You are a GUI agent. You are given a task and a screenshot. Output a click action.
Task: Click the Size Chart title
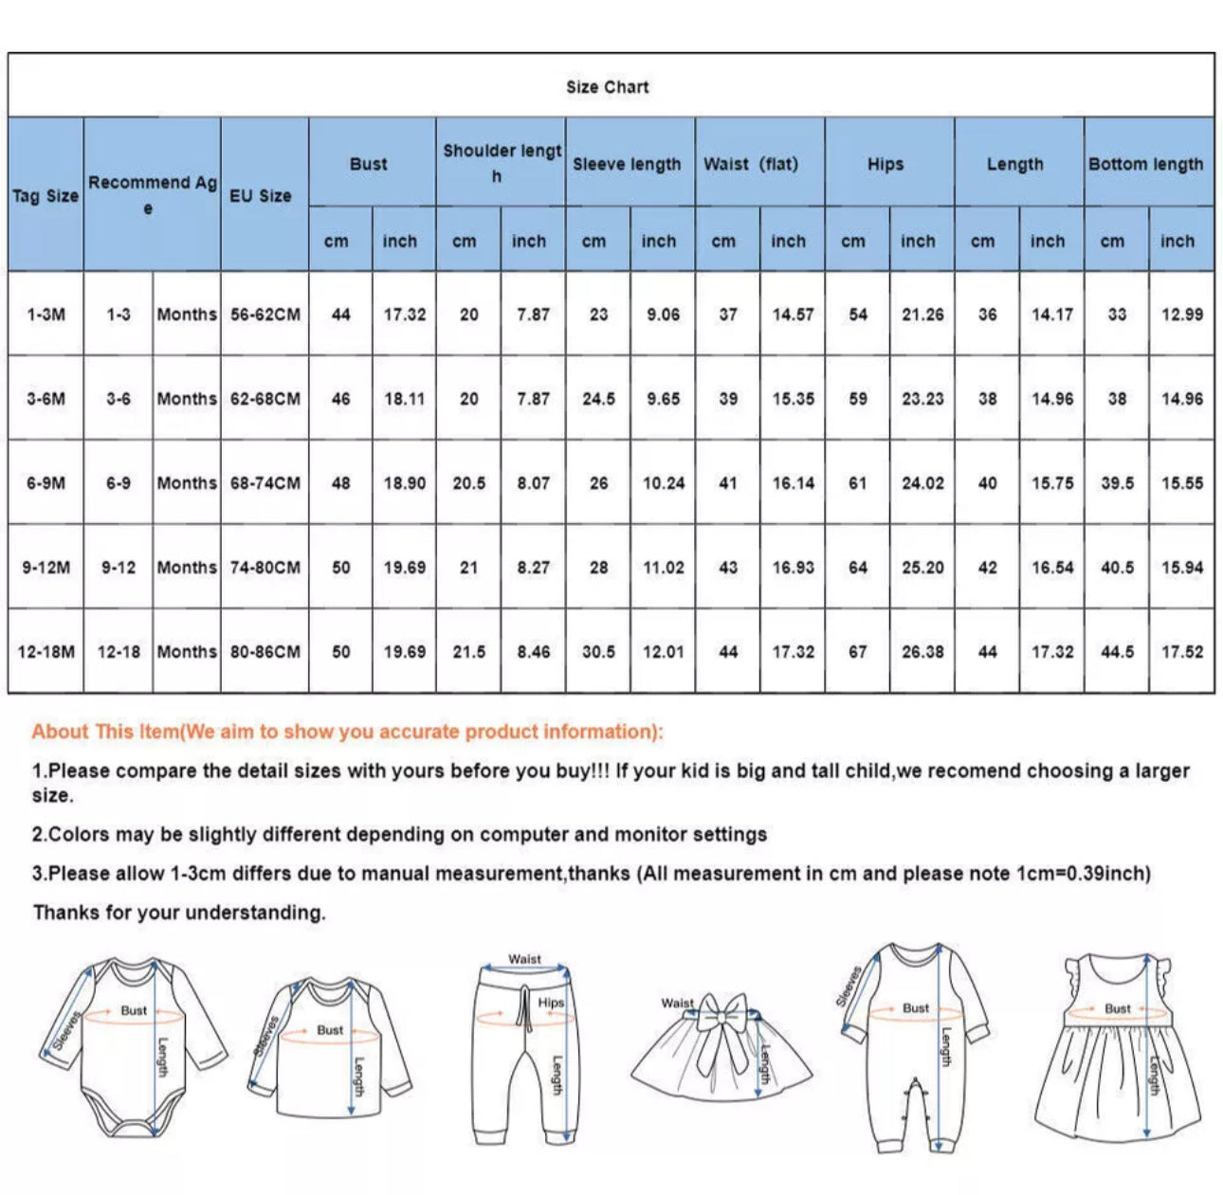608,87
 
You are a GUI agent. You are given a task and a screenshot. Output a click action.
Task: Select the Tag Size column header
46,195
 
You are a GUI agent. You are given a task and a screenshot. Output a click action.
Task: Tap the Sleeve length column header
627,164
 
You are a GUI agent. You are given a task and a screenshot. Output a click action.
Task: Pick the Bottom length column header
1145,164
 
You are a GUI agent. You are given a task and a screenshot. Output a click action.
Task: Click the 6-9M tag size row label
46,483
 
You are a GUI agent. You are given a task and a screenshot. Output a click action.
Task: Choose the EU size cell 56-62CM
265,315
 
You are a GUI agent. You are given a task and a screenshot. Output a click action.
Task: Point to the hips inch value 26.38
922,652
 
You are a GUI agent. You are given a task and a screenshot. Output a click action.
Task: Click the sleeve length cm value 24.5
598,399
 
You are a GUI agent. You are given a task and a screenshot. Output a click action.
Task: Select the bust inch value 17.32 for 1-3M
404,315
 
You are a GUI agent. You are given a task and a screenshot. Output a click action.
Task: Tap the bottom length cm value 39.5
1117,483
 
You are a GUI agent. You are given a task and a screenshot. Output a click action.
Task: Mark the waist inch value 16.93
793,568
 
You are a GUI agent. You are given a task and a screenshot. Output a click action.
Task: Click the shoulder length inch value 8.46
533,652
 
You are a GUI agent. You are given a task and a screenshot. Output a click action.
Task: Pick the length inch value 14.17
1051,315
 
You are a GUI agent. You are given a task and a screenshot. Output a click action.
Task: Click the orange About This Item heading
347,732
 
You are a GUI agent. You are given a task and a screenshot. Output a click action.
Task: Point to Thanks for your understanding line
179,913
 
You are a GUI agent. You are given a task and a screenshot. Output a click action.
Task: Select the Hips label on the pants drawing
551,1002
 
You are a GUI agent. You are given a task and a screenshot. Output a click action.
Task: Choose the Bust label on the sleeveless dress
1118,1008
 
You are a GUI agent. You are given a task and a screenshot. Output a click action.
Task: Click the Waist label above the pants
524,959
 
